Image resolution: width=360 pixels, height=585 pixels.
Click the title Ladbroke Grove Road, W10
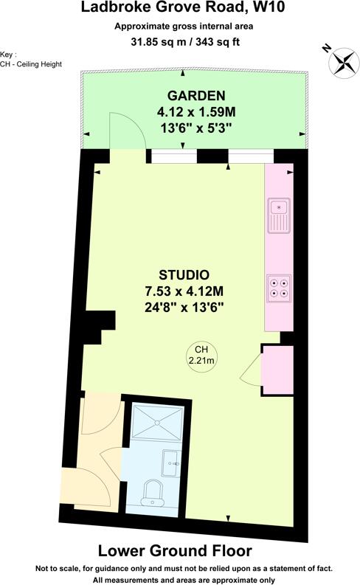(179, 10)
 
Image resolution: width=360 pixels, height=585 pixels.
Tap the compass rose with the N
(341, 61)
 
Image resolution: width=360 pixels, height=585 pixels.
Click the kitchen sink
(280, 215)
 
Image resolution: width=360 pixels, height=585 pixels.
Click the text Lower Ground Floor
(175, 551)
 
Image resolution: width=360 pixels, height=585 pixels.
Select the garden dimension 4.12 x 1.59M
(195, 112)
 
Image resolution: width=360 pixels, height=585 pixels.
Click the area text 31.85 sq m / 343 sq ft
(179, 41)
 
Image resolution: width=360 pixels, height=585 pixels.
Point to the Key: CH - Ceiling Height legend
(30, 60)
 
